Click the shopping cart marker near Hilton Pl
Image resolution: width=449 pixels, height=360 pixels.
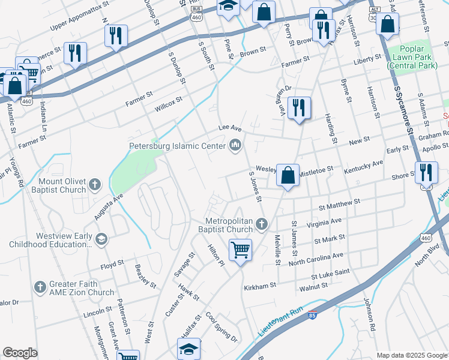coord(241,248)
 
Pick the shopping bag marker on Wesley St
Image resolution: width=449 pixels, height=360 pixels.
coord(288,175)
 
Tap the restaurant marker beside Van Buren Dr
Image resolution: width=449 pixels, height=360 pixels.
coord(299,109)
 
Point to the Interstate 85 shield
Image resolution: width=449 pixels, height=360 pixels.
coord(313,314)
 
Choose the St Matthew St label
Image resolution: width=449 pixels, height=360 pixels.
coord(339,205)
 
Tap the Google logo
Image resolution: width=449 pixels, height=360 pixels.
coord(20,353)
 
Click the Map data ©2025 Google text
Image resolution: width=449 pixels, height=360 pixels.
coord(412,355)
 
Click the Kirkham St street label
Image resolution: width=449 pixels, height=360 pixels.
coord(259,287)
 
